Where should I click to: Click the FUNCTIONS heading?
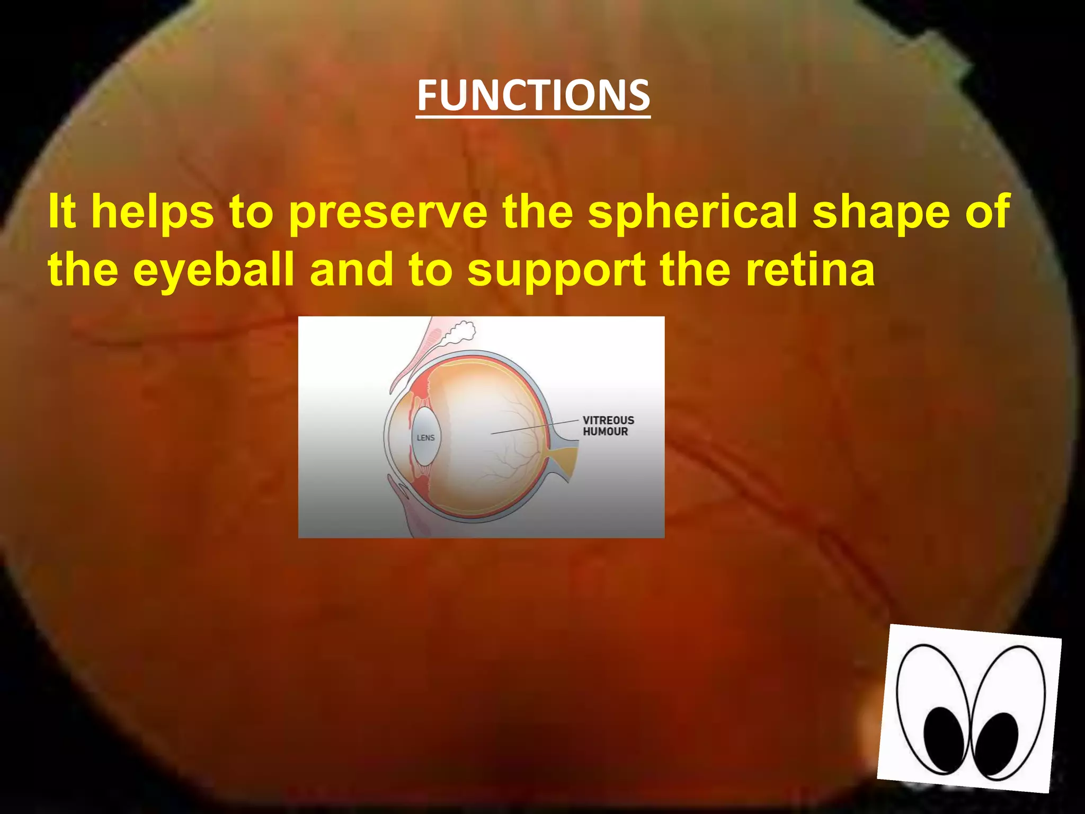[x=533, y=95]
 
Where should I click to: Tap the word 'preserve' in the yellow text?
[x=388, y=212]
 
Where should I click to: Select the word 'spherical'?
[x=692, y=212]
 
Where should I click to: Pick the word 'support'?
[x=556, y=270]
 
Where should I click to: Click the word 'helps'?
[x=153, y=212]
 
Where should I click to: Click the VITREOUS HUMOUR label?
[x=608, y=426]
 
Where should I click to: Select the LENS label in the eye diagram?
[x=425, y=438]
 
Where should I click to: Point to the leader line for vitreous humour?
[x=535, y=427]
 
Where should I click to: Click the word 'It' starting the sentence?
[x=61, y=212]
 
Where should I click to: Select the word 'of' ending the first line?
[x=988, y=212]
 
